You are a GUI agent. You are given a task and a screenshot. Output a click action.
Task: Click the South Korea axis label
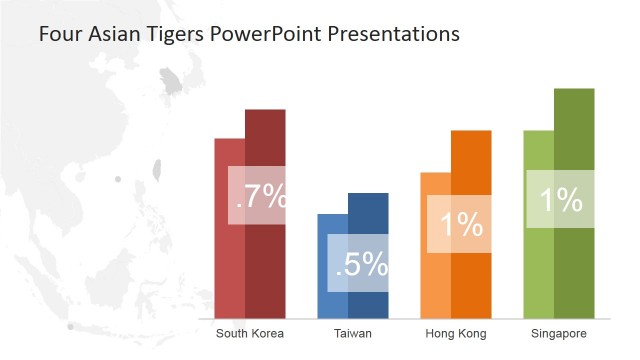pyautogui.click(x=250, y=333)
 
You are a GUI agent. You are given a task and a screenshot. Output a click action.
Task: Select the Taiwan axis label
pyautogui.click(x=353, y=333)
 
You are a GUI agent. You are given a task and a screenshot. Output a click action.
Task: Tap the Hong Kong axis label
pyautogui.click(x=455, y=333)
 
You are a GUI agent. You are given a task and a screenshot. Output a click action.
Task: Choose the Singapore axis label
pyautogui.click(x=558, y=333)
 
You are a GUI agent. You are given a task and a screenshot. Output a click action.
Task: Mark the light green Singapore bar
pyautogui.click(x=538, y=270)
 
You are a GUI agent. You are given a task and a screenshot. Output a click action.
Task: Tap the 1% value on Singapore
pyautogui.click(x=560, y=201)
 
